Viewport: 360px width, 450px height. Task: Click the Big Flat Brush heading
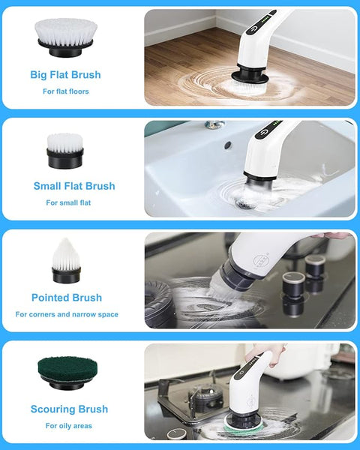click(x=65, y=75)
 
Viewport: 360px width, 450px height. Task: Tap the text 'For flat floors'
click(x=65, y=91)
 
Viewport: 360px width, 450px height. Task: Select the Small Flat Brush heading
click(x=74, y=186)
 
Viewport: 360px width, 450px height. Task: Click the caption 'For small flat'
click(x=68, y=202)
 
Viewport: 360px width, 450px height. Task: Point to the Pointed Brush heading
click(x=67, y=298)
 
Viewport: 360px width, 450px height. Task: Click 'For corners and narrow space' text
click(x=67, y=314)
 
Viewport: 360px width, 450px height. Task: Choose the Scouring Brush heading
click(x=69, y=409)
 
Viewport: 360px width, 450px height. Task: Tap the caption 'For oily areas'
click(x=67, y=426)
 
